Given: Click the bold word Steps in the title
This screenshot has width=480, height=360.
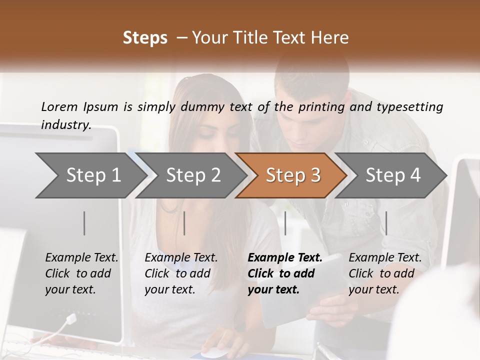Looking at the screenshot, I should pyautogui.click(x=145, y=38).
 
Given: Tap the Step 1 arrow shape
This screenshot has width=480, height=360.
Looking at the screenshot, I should pyautogui.click(x=90, y=175).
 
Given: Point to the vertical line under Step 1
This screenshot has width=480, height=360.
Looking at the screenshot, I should pyautogui.click(x=84, y=223).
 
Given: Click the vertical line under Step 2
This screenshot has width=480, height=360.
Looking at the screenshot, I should pyautogui.click(x=184, y=223).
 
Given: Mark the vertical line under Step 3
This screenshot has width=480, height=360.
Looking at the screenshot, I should pyautogui.click(x=285, y=223).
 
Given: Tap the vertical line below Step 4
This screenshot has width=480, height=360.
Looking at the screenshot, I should pyautogui.click(x=386, y=223).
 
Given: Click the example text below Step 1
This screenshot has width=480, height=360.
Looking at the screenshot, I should pyautogui.click(x=81, y=273).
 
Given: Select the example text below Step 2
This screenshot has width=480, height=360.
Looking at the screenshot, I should pyautogui.click(x=181, y=273).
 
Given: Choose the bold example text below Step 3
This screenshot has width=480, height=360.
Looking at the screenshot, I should pyautogui.click(x=284, y=273).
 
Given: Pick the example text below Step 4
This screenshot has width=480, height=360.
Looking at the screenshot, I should pyautogui.click(x=385, y=273).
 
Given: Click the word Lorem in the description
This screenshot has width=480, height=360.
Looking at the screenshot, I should pyautogui.click(x=59, y=106).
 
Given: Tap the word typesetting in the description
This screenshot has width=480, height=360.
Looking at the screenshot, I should pyautogui.click(x=409, y=107).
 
